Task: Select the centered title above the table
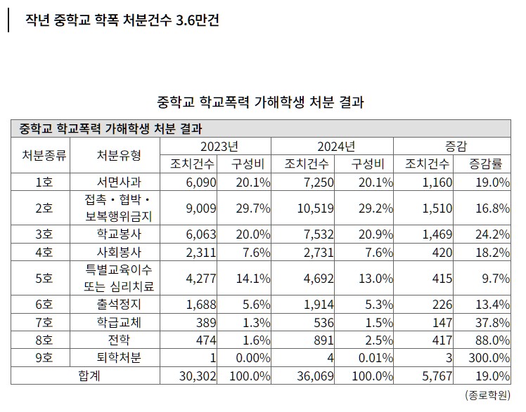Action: [x=261, y=101]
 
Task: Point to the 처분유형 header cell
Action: [x=117, y=155]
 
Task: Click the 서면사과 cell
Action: [x=117, y=182]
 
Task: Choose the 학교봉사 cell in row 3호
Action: [x=117, y=233]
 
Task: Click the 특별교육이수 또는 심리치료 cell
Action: [x=117, y=277]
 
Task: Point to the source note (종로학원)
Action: [x=488, y=395]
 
